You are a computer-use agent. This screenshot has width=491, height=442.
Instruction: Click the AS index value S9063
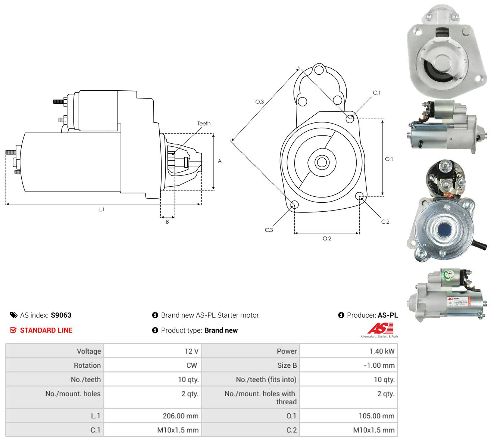pos(61,315)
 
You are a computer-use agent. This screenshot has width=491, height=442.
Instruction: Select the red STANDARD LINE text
pos(46,330)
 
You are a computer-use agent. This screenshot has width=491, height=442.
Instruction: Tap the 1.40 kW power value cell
pos(382,351)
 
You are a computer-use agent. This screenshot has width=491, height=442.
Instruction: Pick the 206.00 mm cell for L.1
pos(181,416)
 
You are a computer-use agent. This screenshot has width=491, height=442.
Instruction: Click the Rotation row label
pos(87,365)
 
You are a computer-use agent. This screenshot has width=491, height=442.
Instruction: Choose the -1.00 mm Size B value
pos(379,365)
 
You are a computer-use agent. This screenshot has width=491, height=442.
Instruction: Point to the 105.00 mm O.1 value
pos(377,416)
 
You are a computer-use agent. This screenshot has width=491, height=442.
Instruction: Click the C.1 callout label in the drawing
pos(377,93)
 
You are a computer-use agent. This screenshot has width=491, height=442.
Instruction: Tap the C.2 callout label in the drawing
pos(385,222)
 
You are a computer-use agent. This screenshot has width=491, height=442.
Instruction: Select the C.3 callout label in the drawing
pos(269,230)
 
